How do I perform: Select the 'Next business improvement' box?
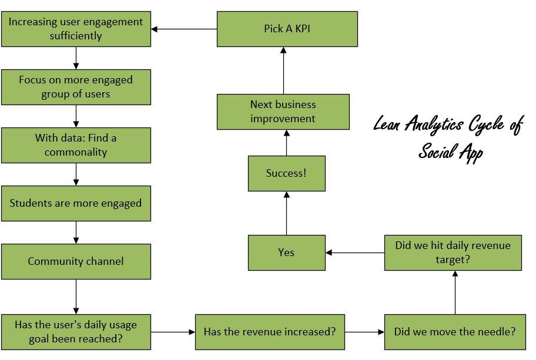point(283,112)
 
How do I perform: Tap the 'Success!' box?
point(286,173)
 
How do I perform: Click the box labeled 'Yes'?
point(286,253)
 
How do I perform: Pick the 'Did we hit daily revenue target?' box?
point(453,253)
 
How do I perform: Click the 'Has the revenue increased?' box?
point(270,332)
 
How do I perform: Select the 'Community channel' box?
point(76,261)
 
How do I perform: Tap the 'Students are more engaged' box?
point(76,203)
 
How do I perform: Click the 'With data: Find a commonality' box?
point(76,145)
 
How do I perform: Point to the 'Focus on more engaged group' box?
point(76,87)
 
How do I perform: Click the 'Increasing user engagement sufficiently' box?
point(76,29)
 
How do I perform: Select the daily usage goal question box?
point(76,332)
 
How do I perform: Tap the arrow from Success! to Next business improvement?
point(286,143)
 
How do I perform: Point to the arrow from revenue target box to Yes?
point(355,253)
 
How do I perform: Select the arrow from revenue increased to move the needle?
point(364,332)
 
